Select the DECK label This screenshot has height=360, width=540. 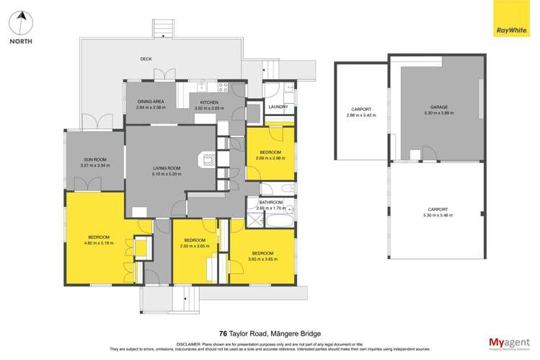(x=146, y=60)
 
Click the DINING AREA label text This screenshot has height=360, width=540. (x=151, y=102)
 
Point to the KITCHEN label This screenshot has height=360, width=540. (x=209, y=102)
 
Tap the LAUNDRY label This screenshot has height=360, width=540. (x=278, y=107)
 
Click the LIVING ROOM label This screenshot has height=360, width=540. (x=166, y=168)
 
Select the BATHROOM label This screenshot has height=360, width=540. (x=271, y=202)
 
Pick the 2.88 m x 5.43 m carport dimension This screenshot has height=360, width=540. (x=361, y=115)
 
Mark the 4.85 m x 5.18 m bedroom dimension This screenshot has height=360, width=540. (x=99, y=243)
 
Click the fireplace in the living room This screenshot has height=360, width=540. (x=208, y=160)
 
